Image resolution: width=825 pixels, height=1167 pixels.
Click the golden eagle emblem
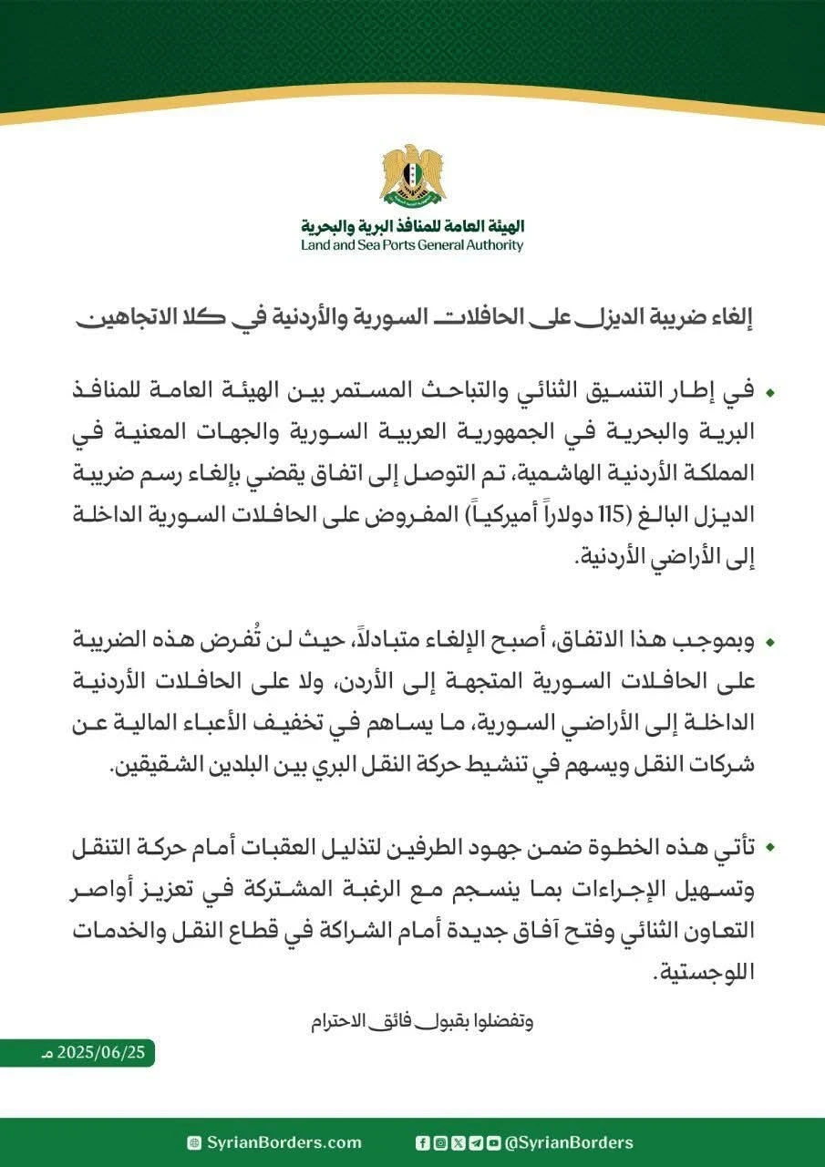[x=412, y=175]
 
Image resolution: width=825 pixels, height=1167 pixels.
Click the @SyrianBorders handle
[x=569, y=1142]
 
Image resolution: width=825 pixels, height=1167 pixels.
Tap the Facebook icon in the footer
[x=422, y=1142]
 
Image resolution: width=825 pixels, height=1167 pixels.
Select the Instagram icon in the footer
[x=439, y=1142]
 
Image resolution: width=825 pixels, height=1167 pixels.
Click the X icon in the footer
[x=458, y=1142]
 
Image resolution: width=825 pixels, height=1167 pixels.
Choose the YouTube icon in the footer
[x=493, y=1142]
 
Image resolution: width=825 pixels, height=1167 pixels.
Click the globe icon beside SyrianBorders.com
[x=193, y=1142]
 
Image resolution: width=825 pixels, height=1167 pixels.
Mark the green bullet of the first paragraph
[x=770, y=393]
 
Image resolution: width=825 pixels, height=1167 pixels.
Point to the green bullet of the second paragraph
[x=770, y=643]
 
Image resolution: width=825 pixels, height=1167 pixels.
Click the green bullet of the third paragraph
[x=770, y=849]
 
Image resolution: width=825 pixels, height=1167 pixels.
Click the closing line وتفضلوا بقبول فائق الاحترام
[x=420, y=1020]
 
